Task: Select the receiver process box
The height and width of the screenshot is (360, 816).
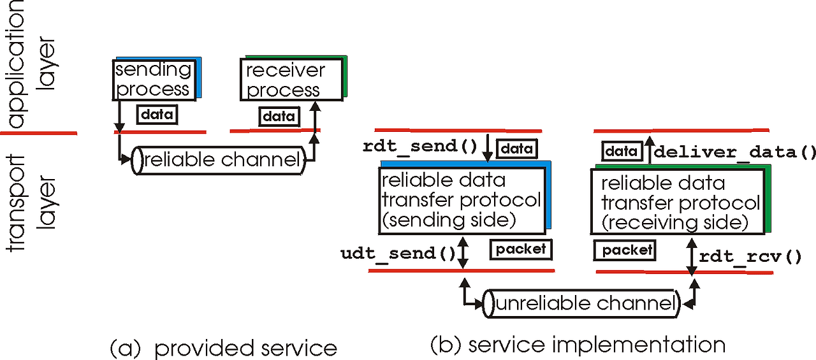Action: pos(291,80)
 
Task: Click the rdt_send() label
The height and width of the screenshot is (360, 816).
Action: pos(420,146)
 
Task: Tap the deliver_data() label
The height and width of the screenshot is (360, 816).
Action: pos(734,152)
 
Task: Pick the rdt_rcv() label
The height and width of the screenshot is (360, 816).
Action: pos(749,257)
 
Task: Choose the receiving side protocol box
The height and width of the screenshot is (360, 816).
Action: pos(681,203)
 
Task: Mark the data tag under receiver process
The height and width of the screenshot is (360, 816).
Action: pos(279,116)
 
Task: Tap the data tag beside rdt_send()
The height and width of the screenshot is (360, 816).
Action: pos(517,149)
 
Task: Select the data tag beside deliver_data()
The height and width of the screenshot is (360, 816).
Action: pos(622,151)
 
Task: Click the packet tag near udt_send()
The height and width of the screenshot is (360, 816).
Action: pos(521,249)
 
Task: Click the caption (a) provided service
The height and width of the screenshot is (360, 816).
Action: pos(223,349)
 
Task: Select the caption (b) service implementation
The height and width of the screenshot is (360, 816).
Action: pos(578,345)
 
